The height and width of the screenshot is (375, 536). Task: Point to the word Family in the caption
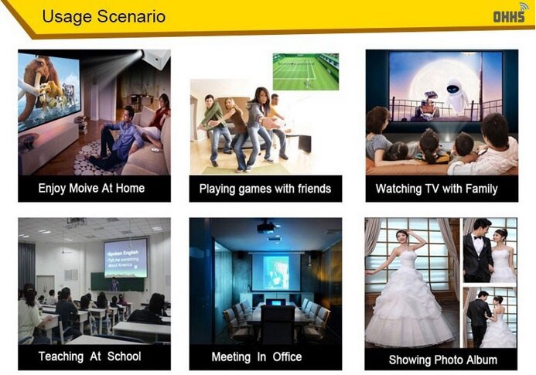tap(480, 189)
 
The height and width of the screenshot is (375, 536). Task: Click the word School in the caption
tap(124, 356)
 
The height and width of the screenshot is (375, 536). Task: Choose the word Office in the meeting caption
tap(287, 357)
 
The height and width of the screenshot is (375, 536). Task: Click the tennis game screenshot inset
tap(306, 72)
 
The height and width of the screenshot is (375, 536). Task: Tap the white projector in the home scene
tap(156, 59)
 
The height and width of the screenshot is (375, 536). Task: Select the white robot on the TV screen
tap(453, 96)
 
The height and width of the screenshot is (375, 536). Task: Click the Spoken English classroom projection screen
tap(126, 257)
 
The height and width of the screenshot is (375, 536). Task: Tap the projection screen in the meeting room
tap(276, 272)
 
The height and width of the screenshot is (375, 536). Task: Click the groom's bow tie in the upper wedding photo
tap(478, 237)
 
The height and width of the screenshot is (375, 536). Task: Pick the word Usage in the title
tap(67, 16)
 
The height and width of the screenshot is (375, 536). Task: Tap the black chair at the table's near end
tap(277, 324)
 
